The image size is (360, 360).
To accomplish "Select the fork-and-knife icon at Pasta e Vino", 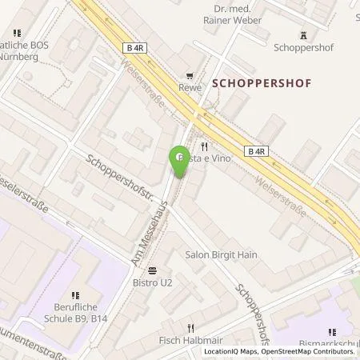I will [205, 146].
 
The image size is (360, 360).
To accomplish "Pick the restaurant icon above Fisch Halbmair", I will [190, 328].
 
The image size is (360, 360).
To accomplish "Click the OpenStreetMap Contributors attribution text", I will [308, 351].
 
